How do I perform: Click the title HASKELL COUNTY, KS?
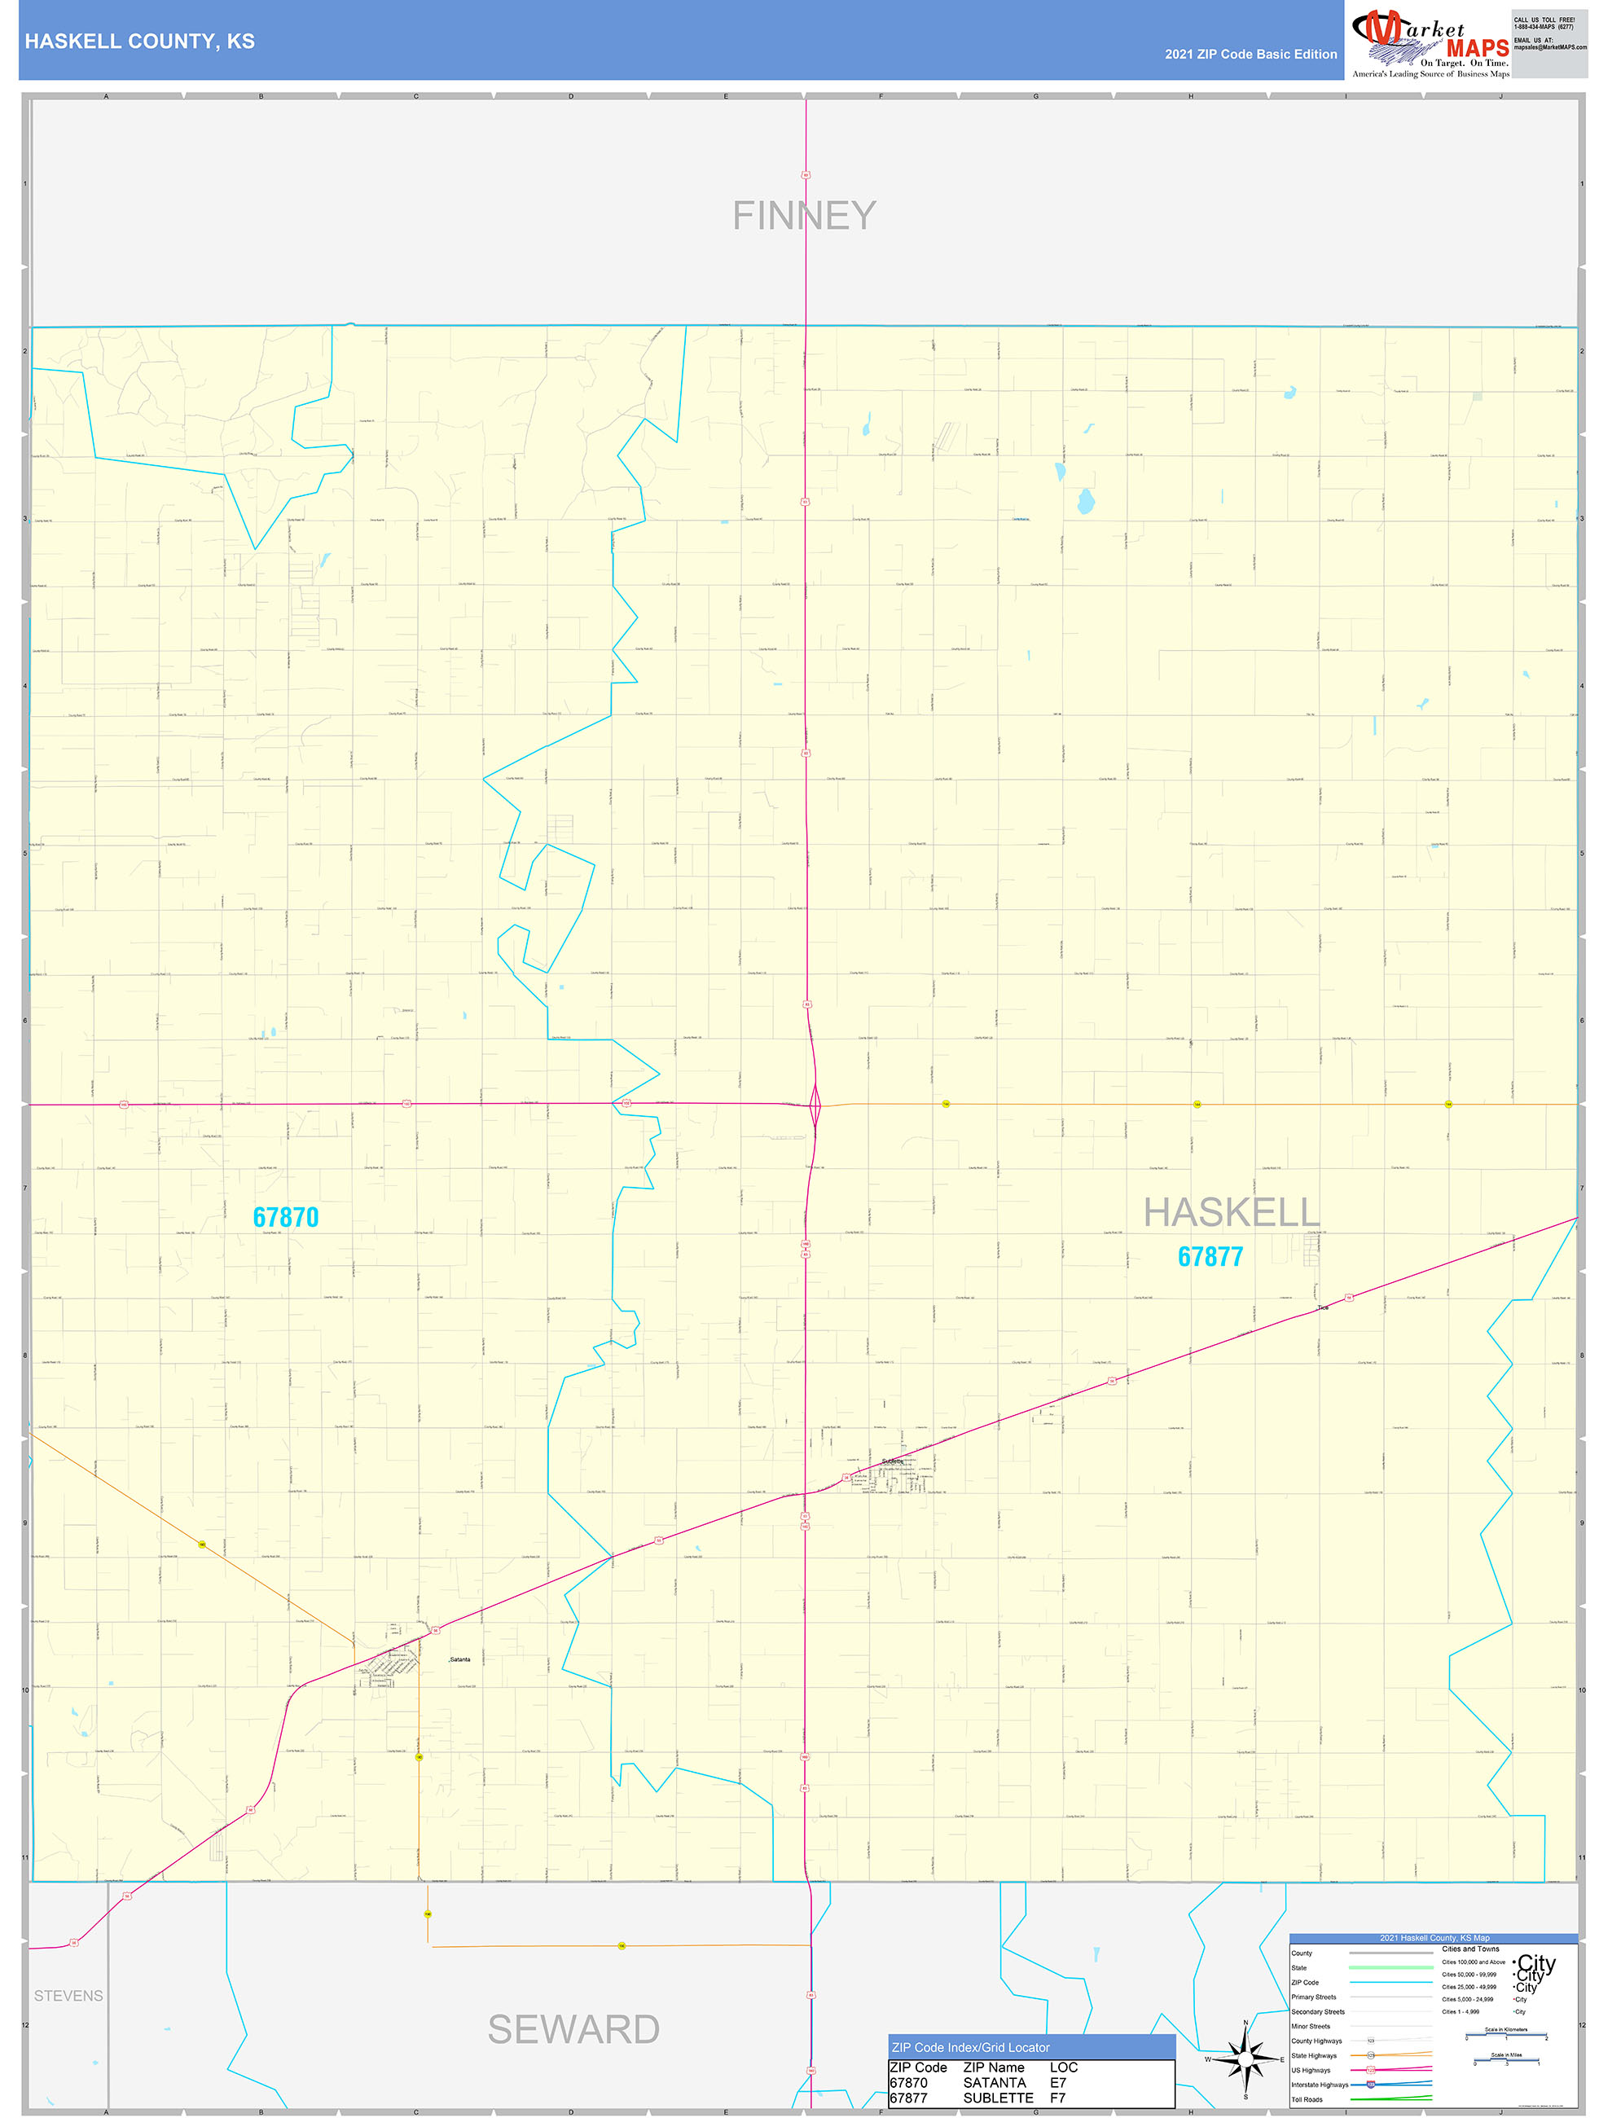coord(140,42)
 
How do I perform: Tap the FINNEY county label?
coord(803,215)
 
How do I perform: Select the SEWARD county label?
coord(573,2029)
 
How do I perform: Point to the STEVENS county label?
coord(68,1996)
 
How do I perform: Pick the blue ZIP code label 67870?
coord(285,1217)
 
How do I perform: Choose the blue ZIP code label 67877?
coord(1210,1256)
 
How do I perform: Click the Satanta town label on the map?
coord(459,1659)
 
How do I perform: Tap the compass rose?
coord(1245,2059)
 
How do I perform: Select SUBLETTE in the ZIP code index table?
coord(998,2098)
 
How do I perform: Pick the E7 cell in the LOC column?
coord(1057,2083)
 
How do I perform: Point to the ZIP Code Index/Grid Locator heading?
coord(970,2047)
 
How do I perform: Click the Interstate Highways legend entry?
coord(1320,2085)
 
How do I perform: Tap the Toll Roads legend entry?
coord(1307,2100)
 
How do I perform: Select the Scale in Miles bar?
coord(1506,2063)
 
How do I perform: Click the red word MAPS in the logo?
coord(1478,48)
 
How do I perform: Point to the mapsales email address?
coord(1549,47)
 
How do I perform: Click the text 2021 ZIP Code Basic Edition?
coord(1250,55)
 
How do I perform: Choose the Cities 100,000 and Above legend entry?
coord(1474,1962)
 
